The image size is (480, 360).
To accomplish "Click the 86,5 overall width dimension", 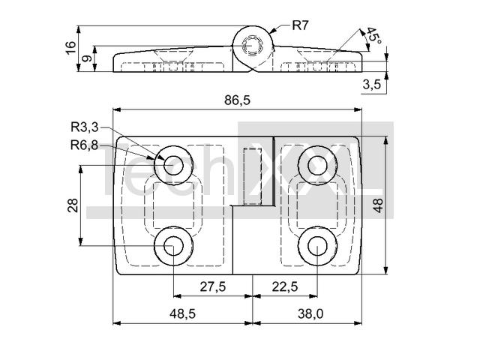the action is pyautogui.click(x=237, y=100).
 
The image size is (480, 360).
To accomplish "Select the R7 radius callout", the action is pyautogui.click(x=300, y=25).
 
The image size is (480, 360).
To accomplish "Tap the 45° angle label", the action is pyautogui.click(x=374, y=36).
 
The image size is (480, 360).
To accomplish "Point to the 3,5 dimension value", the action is pyautogui.click(x=372, y=84).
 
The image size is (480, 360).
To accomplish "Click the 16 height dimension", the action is pyautogui.click(x=70, y=47).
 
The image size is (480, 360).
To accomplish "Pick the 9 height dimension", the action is pyautogui.click(x=87, y=58).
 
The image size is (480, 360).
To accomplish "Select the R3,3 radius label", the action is pyautogui.click(x=85, y=127).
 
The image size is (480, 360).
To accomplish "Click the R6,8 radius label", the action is pyautogui.click(x=85, y=145).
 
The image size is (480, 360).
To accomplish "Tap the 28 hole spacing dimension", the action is pyautogui.click(x=73, y=205).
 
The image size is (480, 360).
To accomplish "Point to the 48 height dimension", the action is pyautogui.click(x=378, y=205).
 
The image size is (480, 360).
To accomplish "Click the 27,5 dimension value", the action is pyautogui.click(x=213, y=286).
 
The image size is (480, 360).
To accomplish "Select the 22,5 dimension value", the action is pyautogui.click(x=285, y=286).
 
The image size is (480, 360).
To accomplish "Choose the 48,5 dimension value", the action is pyautogui.click(x=182, y=313).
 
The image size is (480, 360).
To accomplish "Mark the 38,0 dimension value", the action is pyautogui.click(x=310, y=313).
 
